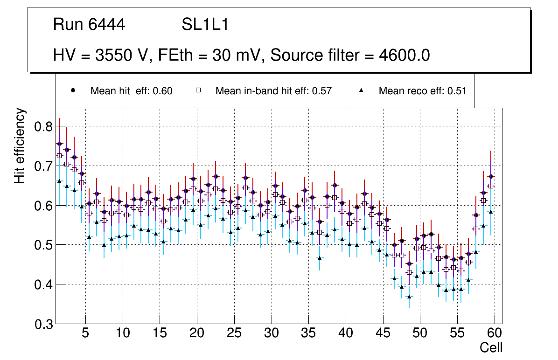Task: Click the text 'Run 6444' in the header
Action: pyautogui.click(x=89, y=25)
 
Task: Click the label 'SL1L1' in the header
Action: pyautogui.click(x=205, y=25)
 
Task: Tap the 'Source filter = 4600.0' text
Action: pyautogui.click(x=350, y=55)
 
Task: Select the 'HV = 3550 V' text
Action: pyautogui.click(x=100, y=55)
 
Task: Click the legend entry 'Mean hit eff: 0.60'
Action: pyautogui.click(x=131, y=91)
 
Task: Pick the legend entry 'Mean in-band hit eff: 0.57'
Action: pyautogui.click(x=273, y=91)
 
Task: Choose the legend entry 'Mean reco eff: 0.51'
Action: pyautogui.click(x=422, y=91)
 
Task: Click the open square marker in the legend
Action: pyautogui.click(x=198, y=90)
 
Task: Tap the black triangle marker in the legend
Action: pyautogui.click(x=362, y=90)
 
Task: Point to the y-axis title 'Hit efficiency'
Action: pyautogui.click(x=20, y=145)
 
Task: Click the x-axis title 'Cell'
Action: pyautogui.click(x=491, y=348)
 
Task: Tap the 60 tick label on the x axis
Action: pyautogui.click(x=495, y=333)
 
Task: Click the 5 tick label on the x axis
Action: pyautogui.click(x=85, y=333)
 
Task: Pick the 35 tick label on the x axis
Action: pyautogui.click(x=308, y=333)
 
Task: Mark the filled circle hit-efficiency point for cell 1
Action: pyautogui.click(x=59, y=144)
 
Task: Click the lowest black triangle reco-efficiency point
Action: pyautogui.click(x=409, y=297)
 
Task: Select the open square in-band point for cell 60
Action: pyautogui.click(x=490, y=186)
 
